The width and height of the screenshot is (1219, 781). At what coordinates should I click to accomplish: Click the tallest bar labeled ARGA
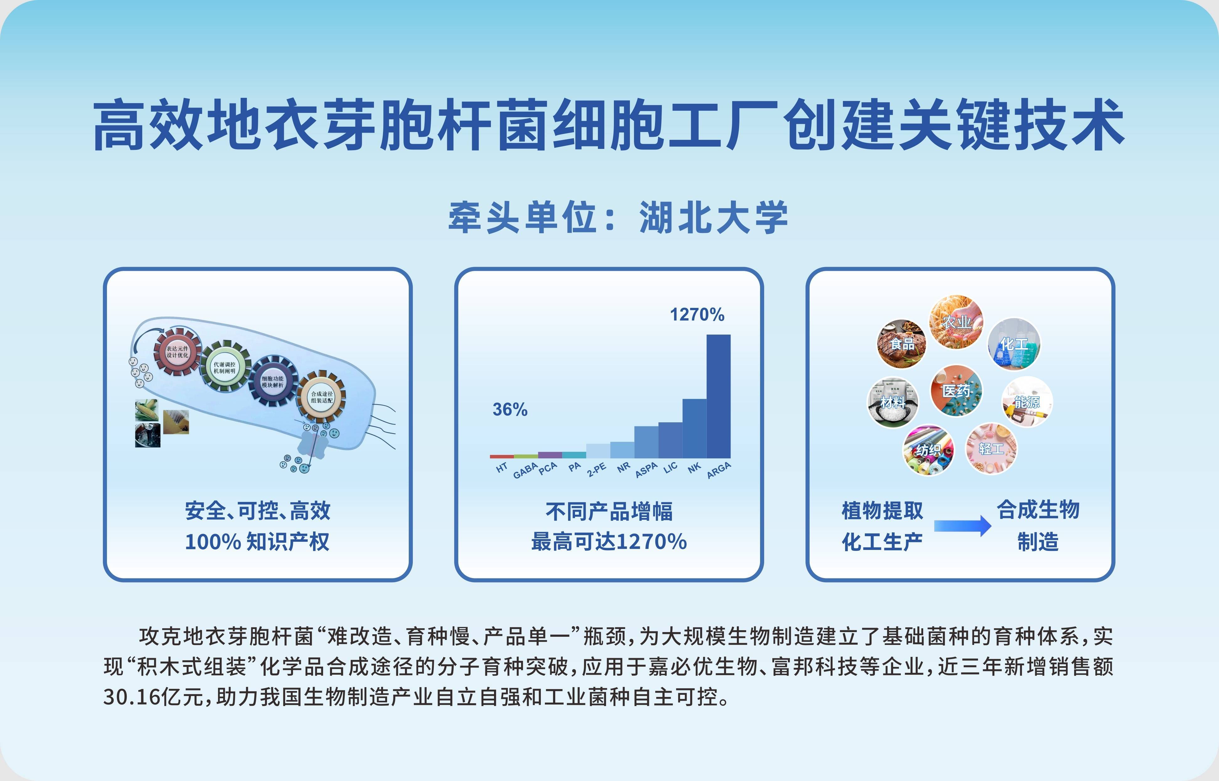[x=718, y=396]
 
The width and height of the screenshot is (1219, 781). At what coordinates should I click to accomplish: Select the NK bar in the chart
[x=695, y=429]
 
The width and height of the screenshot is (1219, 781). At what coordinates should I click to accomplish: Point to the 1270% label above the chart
[x=697, y=314]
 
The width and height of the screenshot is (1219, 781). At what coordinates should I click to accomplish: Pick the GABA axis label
[x=525, y=470]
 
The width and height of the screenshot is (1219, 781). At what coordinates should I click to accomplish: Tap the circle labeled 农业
[x=956, y=322]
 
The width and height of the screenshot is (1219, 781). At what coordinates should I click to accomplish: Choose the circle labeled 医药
[x=956, y=391]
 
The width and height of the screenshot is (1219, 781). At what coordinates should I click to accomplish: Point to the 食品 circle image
[x=902, y=343]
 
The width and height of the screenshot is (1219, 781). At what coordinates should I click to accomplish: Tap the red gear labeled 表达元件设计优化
[x=178, y=351]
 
